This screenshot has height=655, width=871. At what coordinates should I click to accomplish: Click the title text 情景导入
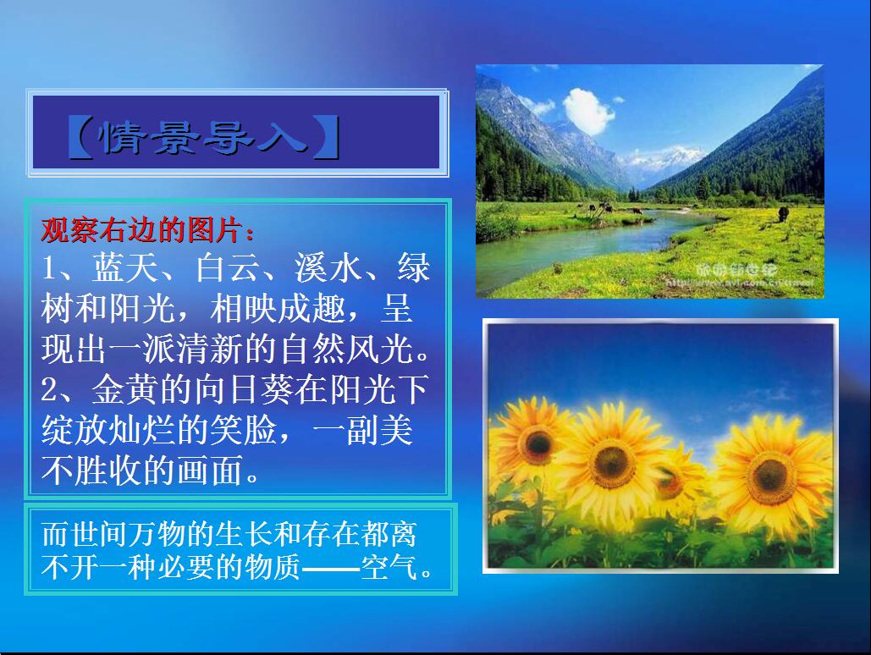pos(203,139)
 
